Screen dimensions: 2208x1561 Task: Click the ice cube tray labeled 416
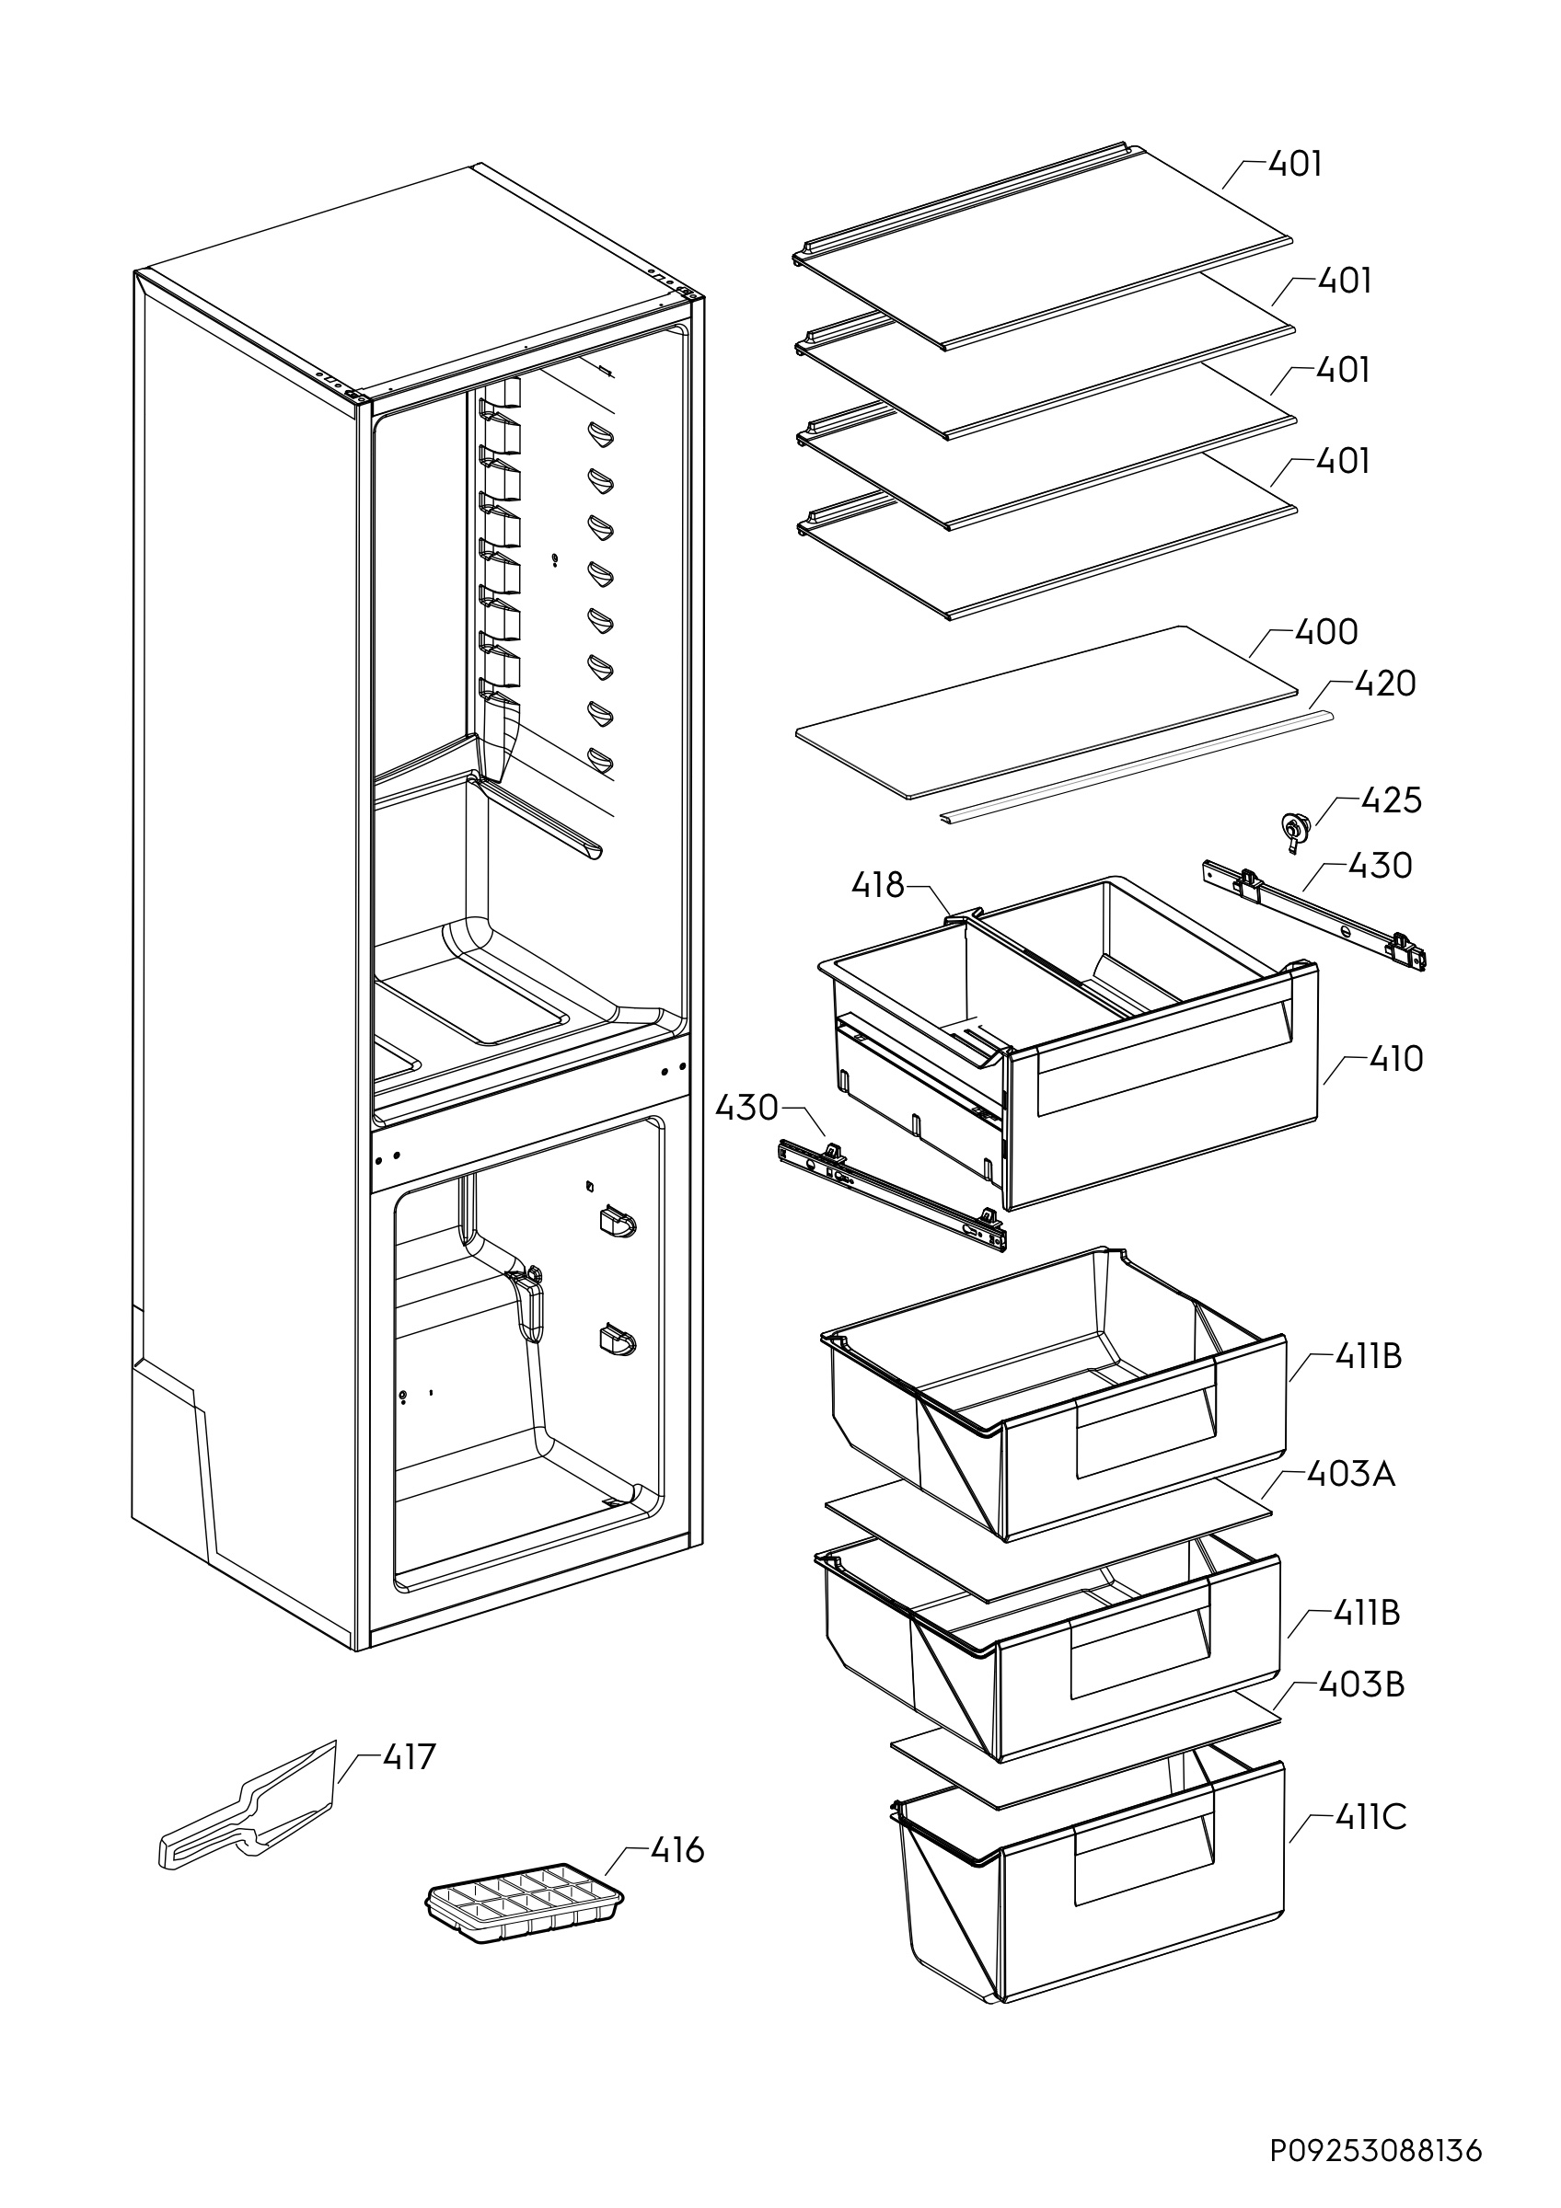(525, 1903)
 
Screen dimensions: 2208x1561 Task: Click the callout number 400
(1326, 632)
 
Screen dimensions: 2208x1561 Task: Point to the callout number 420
(1384, 684)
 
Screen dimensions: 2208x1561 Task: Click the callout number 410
(1396, 1059)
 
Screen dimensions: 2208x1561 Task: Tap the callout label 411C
(1370, 1818)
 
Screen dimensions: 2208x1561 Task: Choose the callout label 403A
(1350, 1473)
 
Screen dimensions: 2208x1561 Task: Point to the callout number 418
(877, 885)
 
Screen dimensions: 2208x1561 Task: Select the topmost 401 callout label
(1296, 164)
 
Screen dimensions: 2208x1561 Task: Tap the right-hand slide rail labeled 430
(1313, 914)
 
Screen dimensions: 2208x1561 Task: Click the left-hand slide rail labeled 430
(890, 1191)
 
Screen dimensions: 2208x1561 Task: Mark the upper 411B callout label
(1368, 1356)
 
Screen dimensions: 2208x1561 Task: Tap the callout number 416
(677, 1850)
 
